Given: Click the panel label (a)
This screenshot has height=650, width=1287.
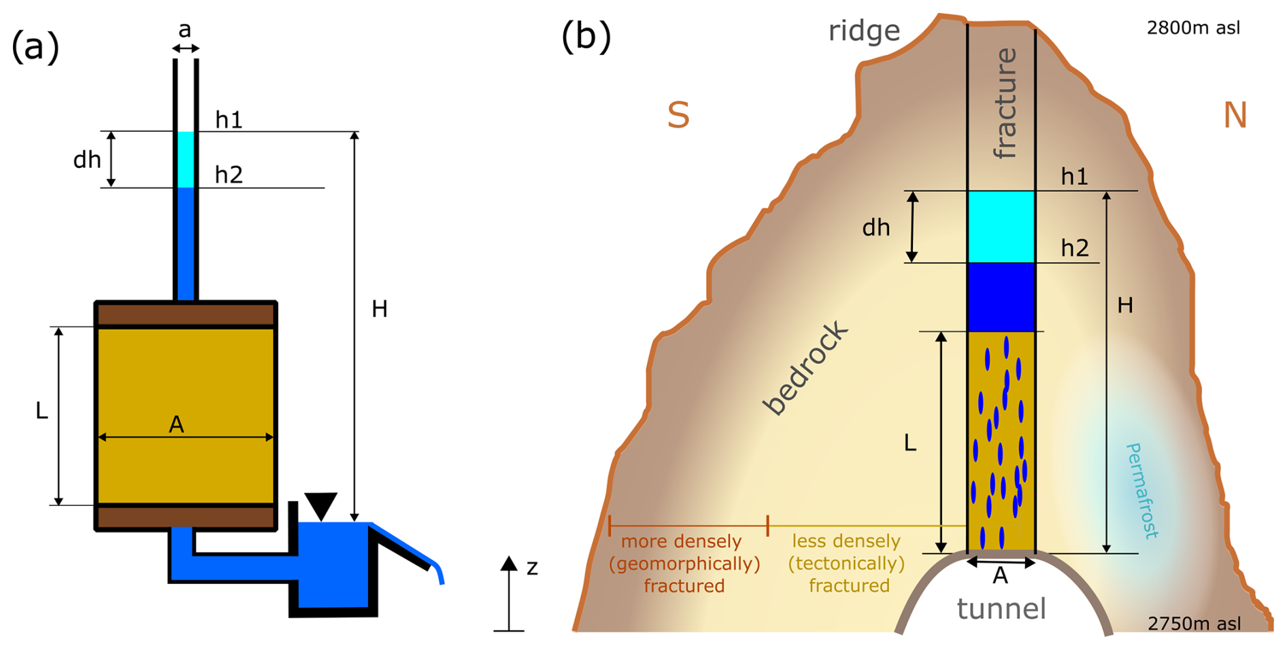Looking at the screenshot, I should (x=35, y=47).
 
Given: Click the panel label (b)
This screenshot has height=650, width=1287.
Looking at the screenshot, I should (x=586, y=37).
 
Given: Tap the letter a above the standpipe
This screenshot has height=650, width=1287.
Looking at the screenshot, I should (x=184, y=30).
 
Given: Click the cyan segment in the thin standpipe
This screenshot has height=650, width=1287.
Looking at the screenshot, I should (x=186, y=159).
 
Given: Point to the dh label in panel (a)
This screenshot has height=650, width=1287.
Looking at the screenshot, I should (x=87, y=160).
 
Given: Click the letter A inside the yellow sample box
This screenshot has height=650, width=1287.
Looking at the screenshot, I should (x=176, y=424).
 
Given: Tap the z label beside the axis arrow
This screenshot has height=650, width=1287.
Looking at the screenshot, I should (x=532, y=567).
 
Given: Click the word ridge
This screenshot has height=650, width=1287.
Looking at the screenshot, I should (x=864, y=31).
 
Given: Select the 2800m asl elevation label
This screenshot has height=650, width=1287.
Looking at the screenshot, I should (x=1193, y=28).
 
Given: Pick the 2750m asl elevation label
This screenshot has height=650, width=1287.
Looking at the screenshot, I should (x=1194, y=623).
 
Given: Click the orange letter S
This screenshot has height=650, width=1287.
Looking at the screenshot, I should (x=678, y=115).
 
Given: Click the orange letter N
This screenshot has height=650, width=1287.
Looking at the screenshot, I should (x=1235, y=115).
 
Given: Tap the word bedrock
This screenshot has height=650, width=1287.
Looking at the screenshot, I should (x=806, y=368).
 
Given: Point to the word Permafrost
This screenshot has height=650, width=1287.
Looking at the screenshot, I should (x=1142, y=490).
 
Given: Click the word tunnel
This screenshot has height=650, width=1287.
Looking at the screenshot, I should (x=1001, y=609).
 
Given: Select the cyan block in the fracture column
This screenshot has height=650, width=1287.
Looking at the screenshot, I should (x=1001, y=226).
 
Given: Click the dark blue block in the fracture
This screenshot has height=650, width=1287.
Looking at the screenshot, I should (x=1001, y=297).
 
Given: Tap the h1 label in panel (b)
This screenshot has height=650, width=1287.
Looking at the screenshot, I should (x=1074, y=177).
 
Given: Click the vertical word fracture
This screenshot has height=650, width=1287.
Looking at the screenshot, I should (x=1005, y=103).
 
